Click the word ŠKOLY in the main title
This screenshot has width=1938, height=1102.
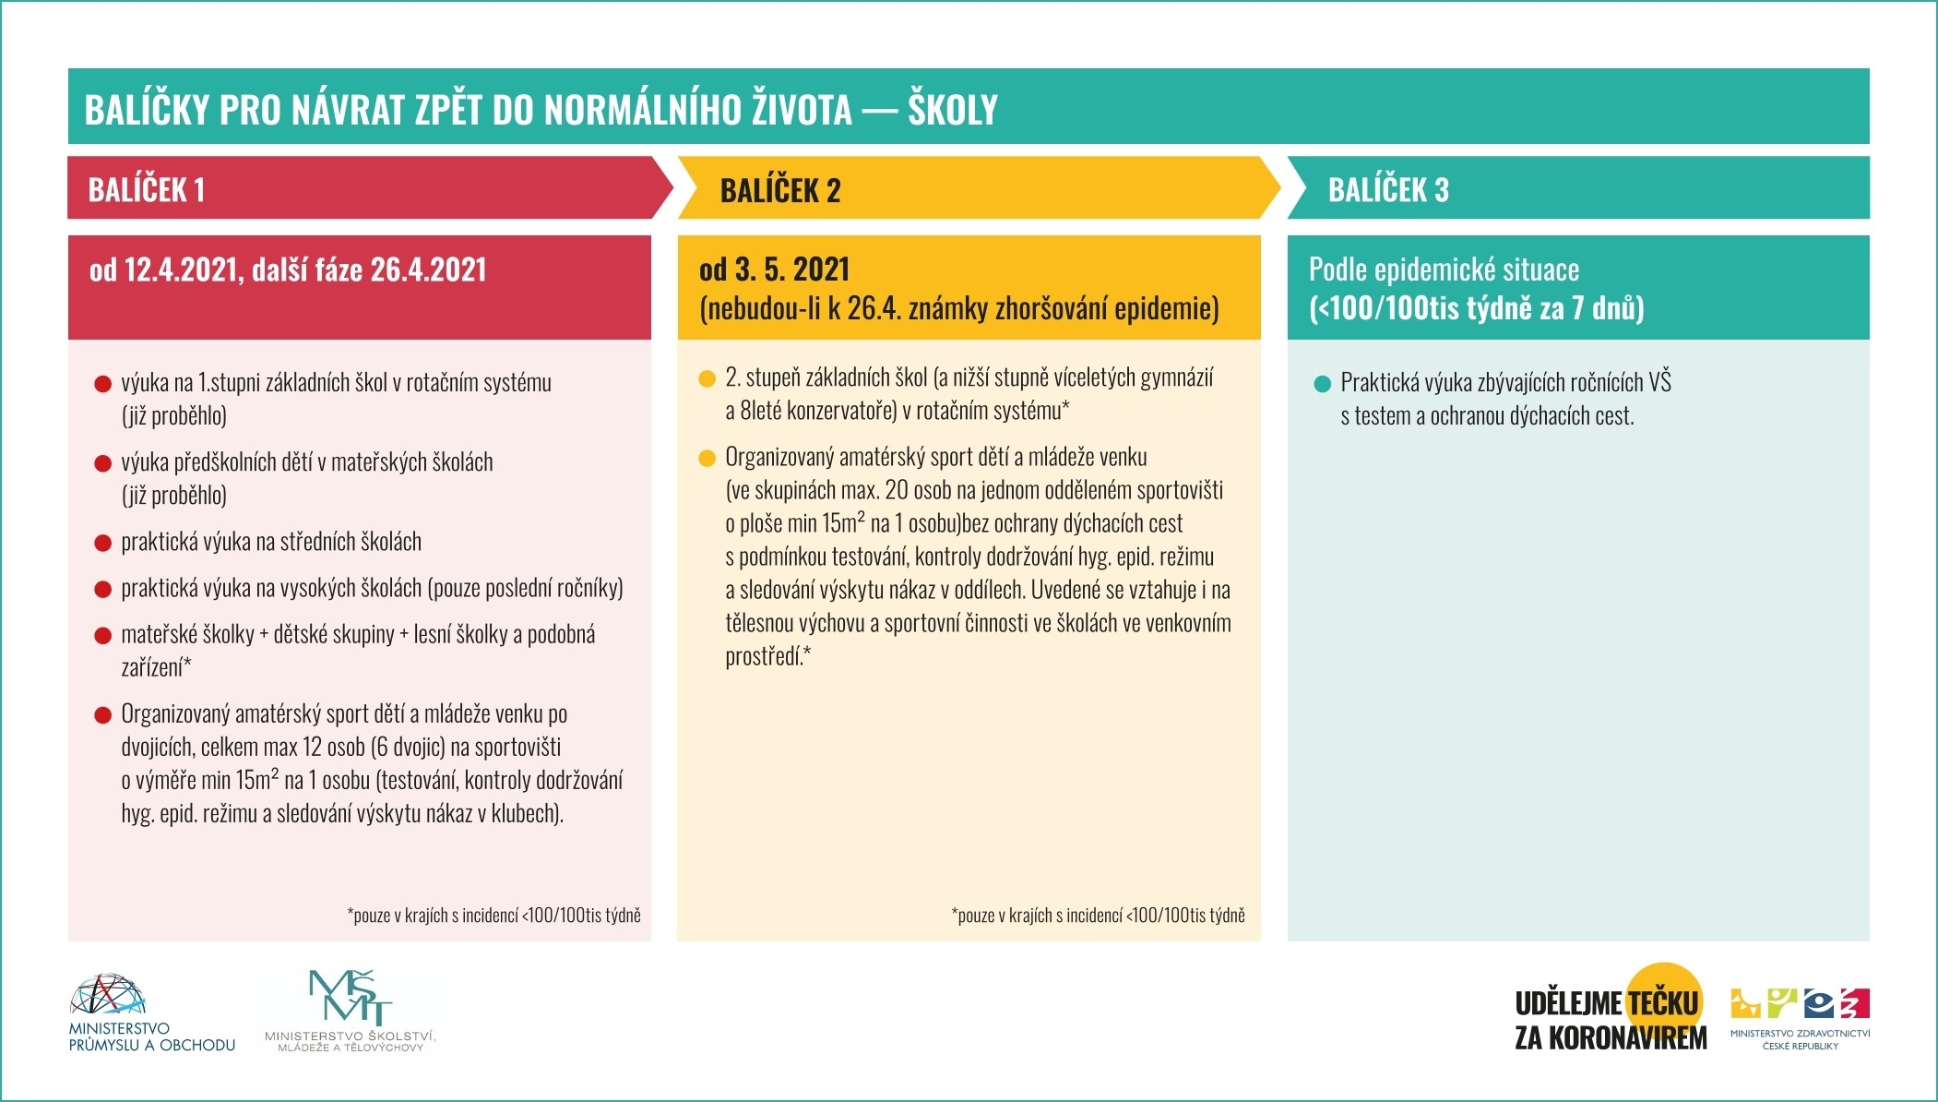tap(953, 110)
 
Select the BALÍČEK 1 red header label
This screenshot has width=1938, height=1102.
tap(147, 190)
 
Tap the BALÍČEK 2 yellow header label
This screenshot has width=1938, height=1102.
tap(780, 191)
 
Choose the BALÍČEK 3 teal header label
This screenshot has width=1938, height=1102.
tap(1388, 190)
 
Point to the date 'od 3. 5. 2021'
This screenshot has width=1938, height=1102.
tap(774, 270)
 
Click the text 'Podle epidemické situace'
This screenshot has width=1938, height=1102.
tap(1444, 270)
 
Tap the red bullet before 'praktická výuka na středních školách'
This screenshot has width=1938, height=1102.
tap(103, 543)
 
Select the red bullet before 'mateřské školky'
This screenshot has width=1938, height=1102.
tap(103, 636)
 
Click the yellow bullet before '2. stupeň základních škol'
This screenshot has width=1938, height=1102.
tap(707, 378)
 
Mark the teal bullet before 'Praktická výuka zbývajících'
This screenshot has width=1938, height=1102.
tap(1322, 384)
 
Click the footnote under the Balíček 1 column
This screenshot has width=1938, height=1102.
tap(493, 916)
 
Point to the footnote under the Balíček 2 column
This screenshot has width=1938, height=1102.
tap(1098, 916)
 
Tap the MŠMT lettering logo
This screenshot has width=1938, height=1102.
tap(350, 997)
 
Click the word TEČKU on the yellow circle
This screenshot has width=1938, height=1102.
tap(1663, 1003)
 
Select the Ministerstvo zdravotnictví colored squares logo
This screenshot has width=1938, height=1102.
tap(1800, 1004)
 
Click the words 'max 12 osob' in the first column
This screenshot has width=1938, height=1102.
tap(292, 748)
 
